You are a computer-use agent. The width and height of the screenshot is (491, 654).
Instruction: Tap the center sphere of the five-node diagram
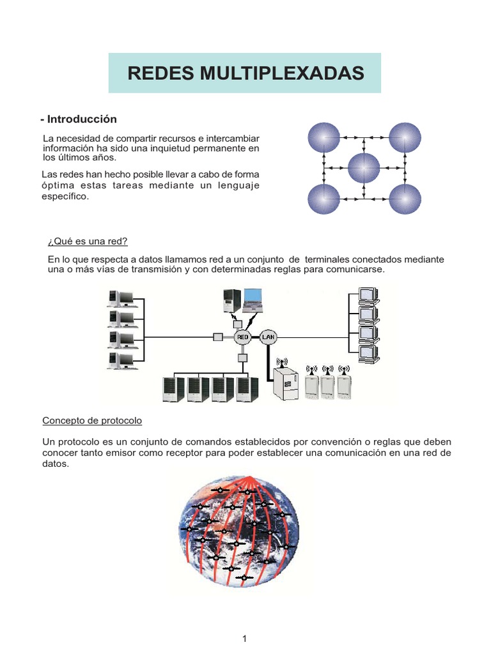pyautogui.click(x=364, y=169)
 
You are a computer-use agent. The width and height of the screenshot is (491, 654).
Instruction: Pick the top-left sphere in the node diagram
pyautogui.click(x=324, y=137)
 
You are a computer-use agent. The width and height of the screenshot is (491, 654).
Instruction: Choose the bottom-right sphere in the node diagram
pyautogui.click(x=405, y=199)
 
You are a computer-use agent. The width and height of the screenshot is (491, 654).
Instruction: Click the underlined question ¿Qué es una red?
pyautogui.click(x=88, y=241)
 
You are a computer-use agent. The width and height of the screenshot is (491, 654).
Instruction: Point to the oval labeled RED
pyautogui.click(x=243, y=336)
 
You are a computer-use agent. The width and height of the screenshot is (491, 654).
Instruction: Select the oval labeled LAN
pyautogui.click(x=267, y=336)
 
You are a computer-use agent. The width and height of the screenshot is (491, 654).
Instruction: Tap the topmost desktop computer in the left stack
pyautogui.click(x=121, y=298)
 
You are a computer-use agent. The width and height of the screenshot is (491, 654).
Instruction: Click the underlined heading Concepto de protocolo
pyautogui.click(x=92, y=421)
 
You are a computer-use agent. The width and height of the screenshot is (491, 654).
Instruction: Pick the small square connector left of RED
pyautogui.click(x=217, y=337)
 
